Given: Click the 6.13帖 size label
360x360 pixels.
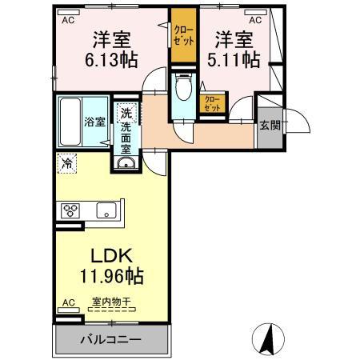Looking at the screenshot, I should (112, 59).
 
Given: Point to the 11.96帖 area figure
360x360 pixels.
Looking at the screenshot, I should (111, 278).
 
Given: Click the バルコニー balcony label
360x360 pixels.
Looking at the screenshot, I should (110, 338).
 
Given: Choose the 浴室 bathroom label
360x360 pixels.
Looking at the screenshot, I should (95, 122).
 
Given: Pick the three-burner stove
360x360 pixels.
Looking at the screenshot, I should (70, 211).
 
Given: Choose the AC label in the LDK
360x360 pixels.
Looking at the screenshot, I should (68, 303).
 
